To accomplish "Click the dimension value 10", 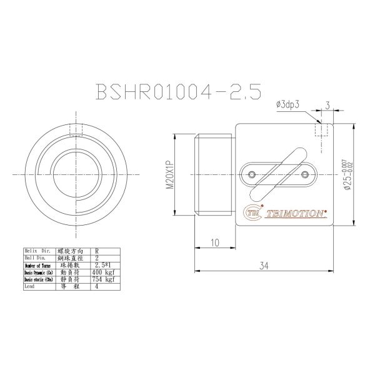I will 214,242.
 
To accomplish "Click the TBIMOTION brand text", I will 296,213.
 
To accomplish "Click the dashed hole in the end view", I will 76,130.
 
